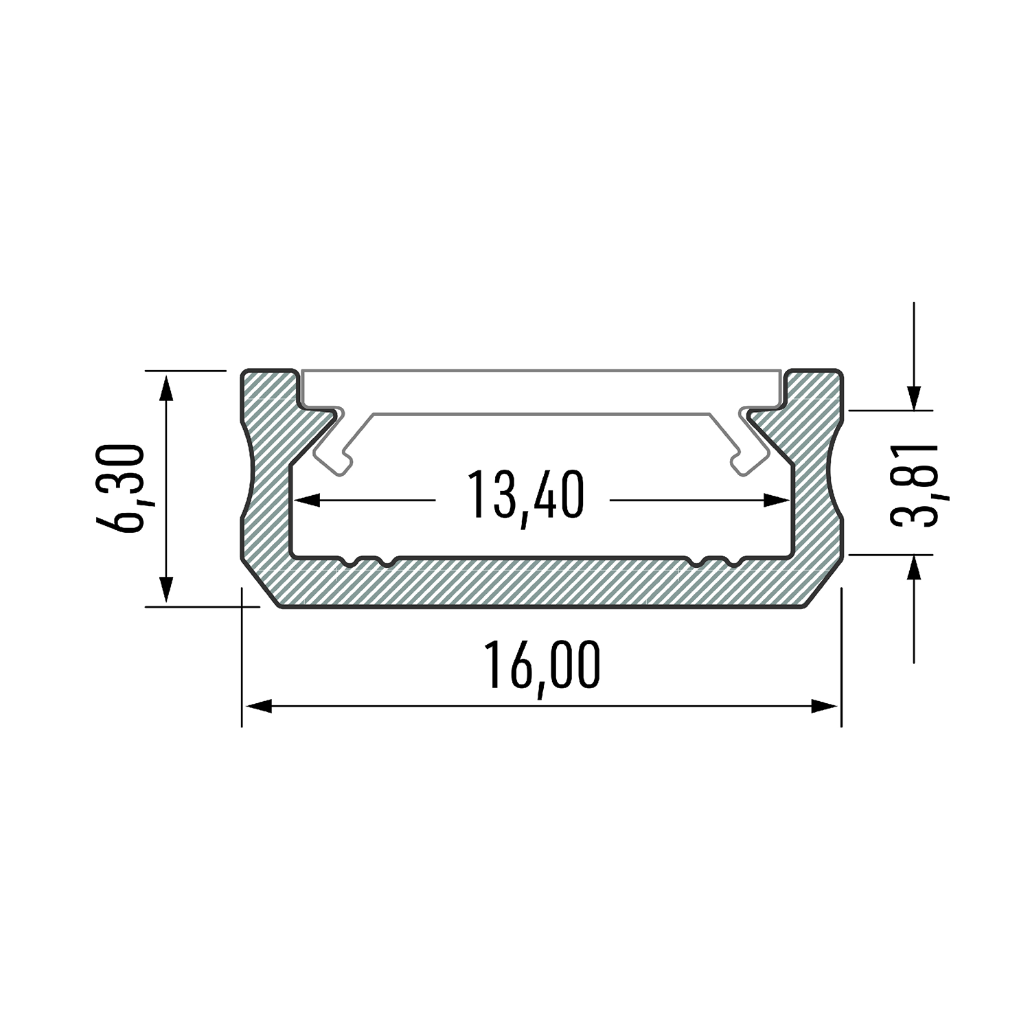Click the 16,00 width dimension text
tap(542, 666)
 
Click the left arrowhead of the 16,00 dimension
tap(258, 706)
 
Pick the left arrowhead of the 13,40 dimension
tap(307, 500)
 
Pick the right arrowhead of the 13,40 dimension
tap(778, 500)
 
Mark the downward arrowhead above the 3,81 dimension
tap(914, 398)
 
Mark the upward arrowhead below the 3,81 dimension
tap(914, 566)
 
